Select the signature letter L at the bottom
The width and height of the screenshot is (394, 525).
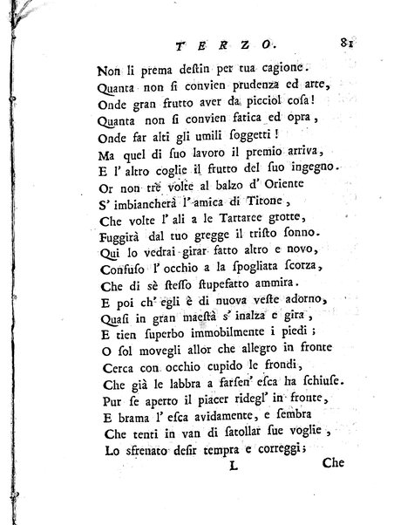[x=233, y=491]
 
